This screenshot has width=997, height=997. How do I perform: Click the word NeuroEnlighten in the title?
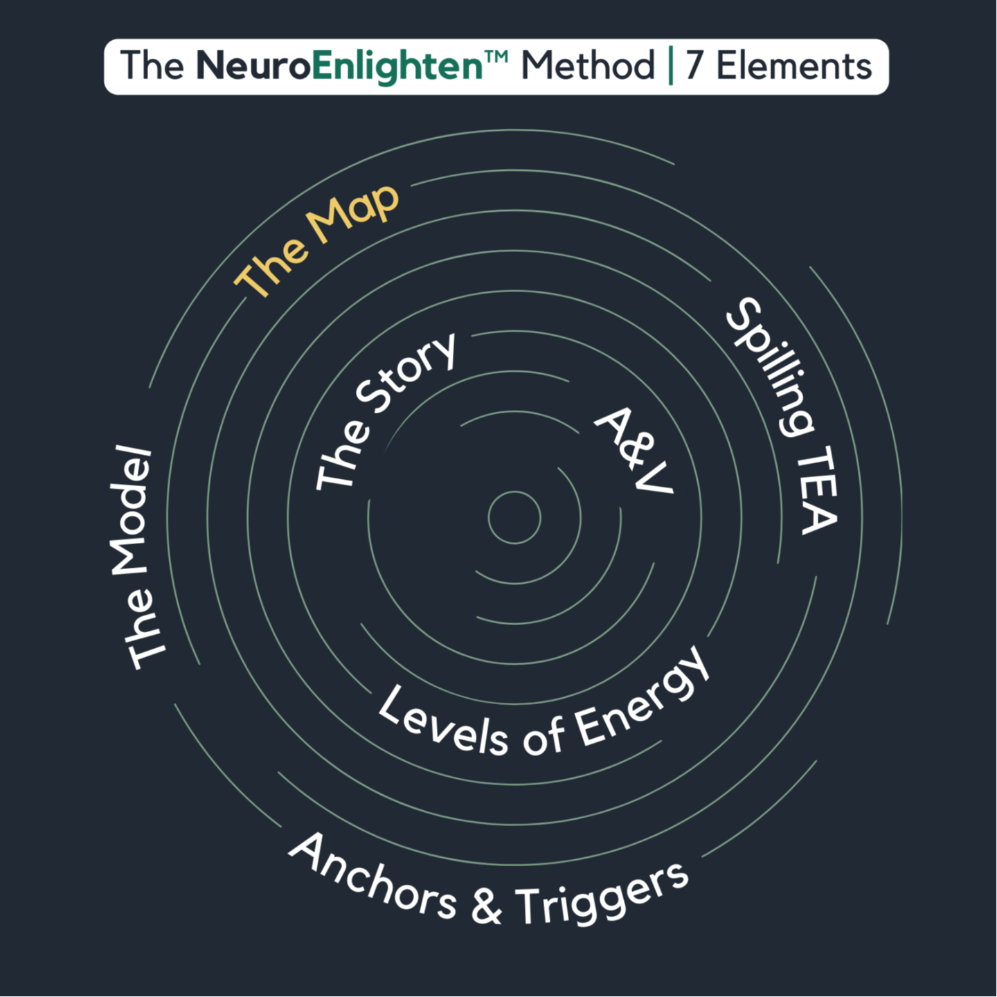click(x=339, y=66)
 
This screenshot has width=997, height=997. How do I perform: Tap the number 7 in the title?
click(x=694, y=66)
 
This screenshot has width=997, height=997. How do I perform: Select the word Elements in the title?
click(x=793, y=66)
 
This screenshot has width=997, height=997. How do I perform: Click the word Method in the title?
click(x=587, y=66)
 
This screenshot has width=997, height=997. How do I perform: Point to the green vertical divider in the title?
click(x=670, y=66)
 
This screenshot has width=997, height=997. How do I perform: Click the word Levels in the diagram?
click(x=443, y=723)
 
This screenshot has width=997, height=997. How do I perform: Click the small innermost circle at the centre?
click(x=514, y=518)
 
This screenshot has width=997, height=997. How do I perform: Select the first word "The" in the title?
click(x=152, y=66)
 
